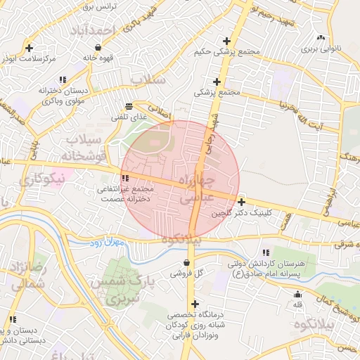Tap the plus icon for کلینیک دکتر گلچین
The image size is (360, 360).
241,201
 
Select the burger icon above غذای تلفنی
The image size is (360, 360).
128,106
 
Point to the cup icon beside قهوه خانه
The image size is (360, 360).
97,47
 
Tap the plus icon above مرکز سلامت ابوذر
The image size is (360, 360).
29,48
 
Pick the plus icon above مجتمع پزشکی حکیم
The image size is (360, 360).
226,41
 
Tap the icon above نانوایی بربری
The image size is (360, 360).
321,38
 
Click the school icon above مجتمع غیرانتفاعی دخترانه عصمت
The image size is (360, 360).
125,179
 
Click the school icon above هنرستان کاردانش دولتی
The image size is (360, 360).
265,252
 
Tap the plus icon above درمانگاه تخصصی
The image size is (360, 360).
195,304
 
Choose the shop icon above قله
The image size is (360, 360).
297,294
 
